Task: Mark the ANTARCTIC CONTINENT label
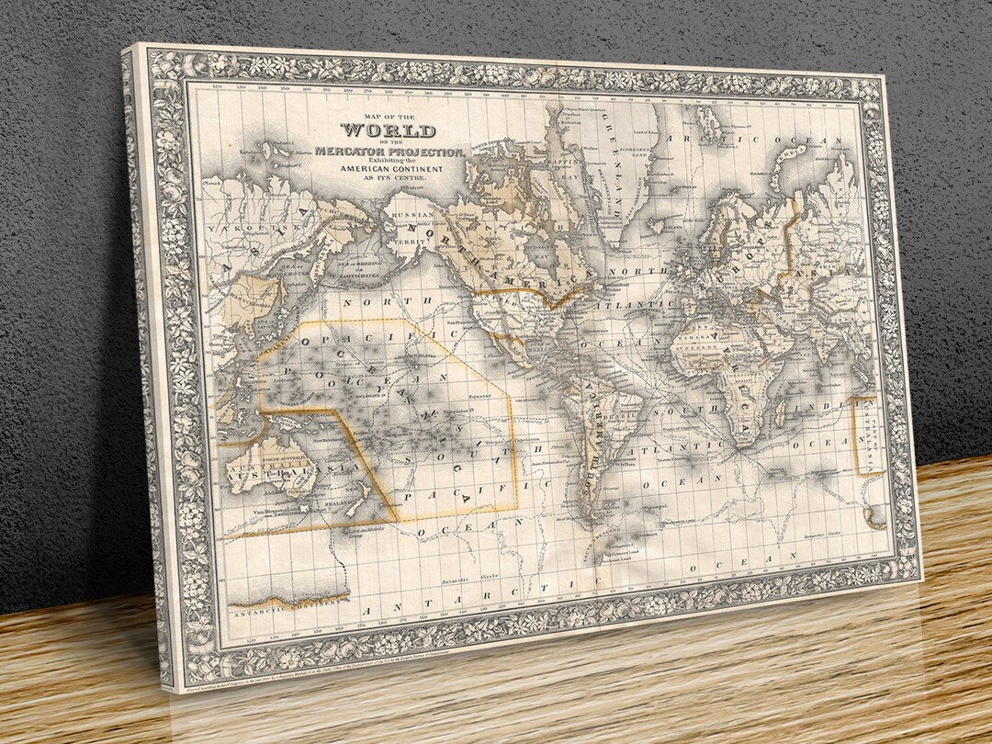(289, 600)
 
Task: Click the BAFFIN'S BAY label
(561, 175)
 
